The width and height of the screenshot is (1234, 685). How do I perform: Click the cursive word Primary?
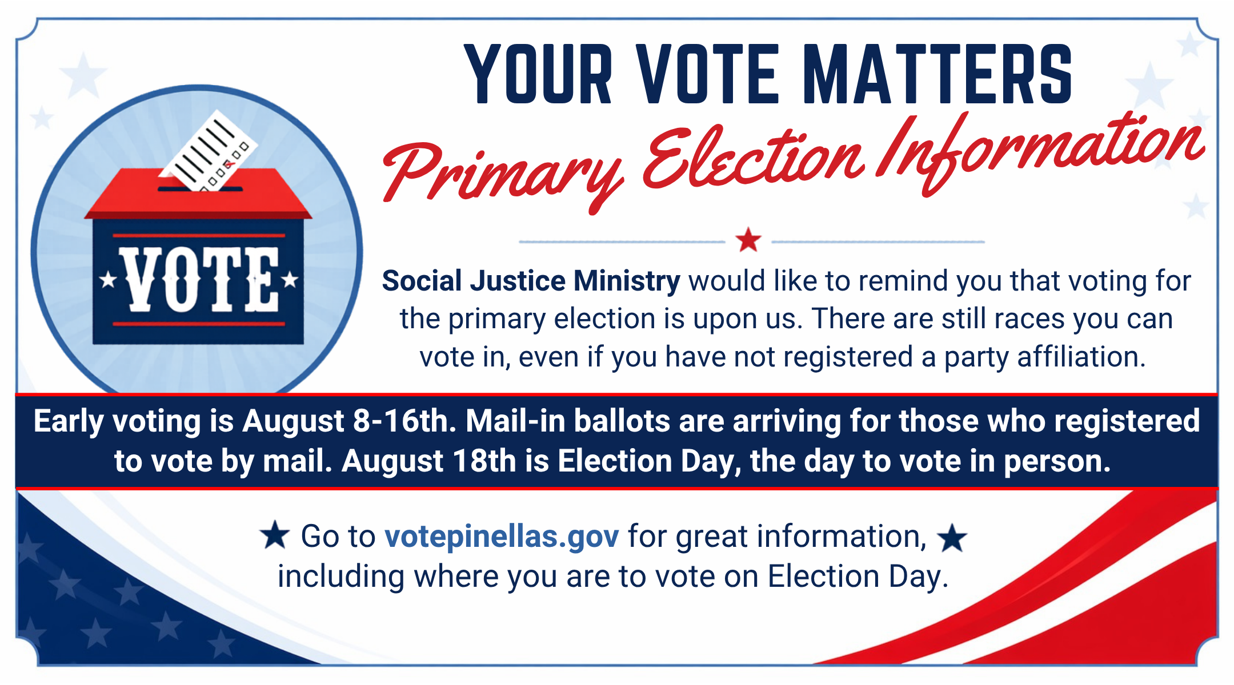click(x=503, y=171)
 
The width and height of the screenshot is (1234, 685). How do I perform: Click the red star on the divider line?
click(x=748, y=240)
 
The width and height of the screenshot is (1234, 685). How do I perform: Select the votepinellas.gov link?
click(x=502, y=537)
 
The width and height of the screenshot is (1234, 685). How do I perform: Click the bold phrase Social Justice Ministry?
click(x=531, y=281)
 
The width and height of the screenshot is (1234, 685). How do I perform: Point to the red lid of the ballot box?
click(x=198, y=194)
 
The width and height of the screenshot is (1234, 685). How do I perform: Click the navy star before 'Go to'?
click(x=275, y=535)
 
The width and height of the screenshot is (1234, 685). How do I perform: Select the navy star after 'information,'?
click(x=952, y=538)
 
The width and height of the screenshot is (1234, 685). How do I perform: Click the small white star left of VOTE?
click(x=108, y=280)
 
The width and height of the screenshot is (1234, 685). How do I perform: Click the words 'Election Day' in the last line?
click(x=858, y=577)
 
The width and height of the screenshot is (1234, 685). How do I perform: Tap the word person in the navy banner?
click(x=1057, y=462)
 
